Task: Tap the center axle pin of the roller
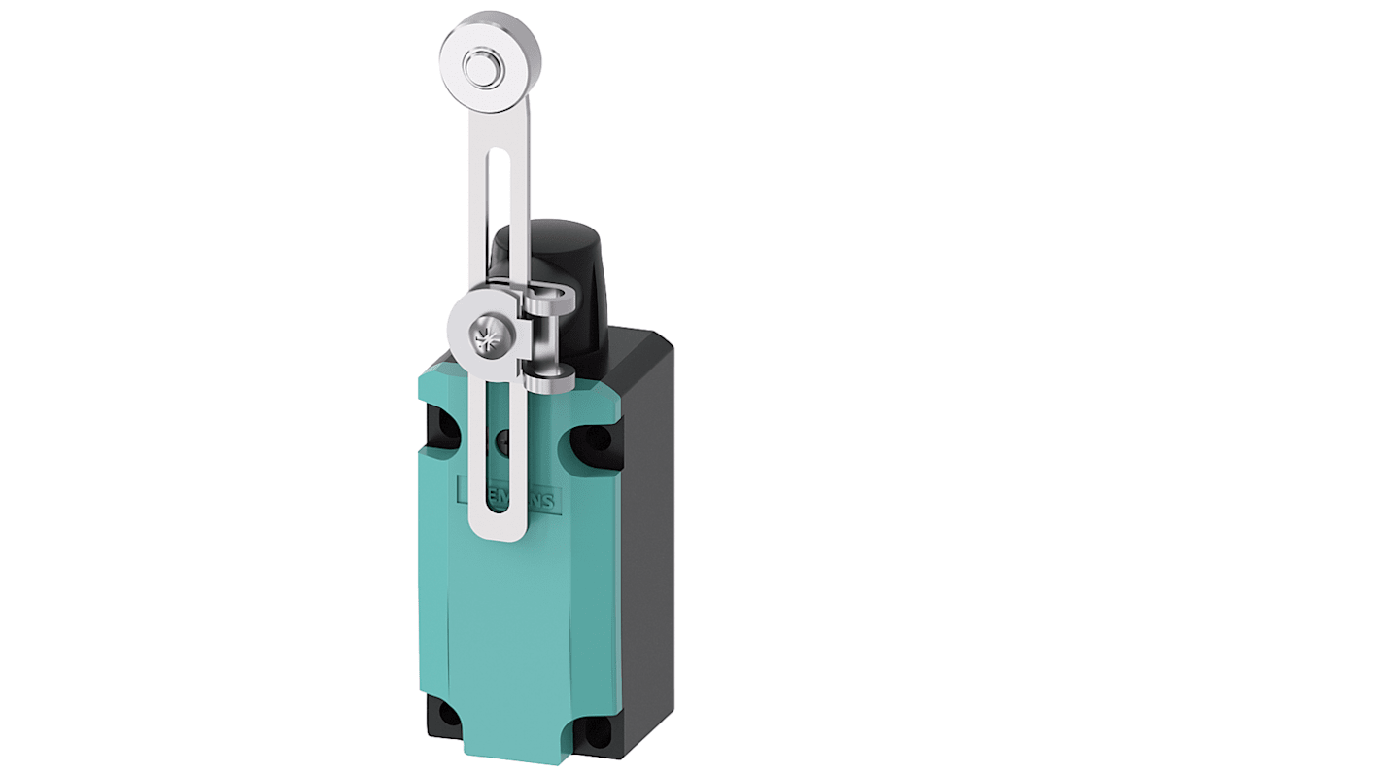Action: click(477, 68)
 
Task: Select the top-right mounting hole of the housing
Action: click(595, 439)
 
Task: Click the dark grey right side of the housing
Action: click(646, 545)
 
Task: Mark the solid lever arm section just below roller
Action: click(497, 122)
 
